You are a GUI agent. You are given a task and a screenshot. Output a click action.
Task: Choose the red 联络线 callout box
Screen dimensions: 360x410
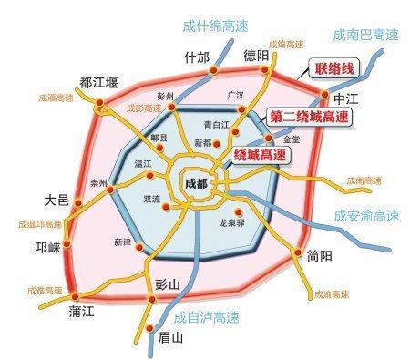click(x=334, y=72)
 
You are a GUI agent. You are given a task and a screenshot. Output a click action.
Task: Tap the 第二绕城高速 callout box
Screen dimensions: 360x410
click(x=309, y=117)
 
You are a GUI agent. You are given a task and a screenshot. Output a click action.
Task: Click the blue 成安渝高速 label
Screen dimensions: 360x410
click(x=365, y=216)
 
